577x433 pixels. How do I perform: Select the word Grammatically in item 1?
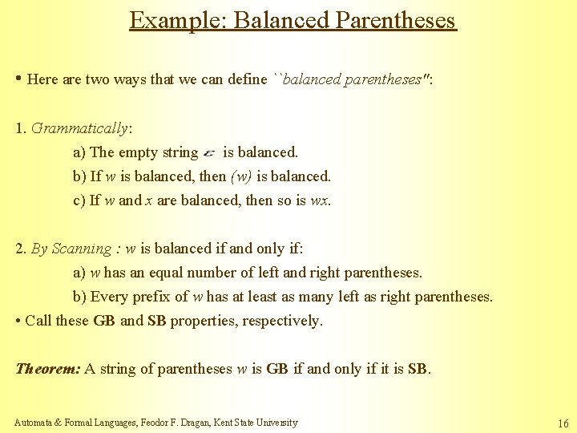point(79,127)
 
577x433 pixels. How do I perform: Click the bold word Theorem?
point(48,369)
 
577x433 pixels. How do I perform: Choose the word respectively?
point(280,321)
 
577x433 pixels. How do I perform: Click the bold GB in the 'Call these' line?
point(104,321)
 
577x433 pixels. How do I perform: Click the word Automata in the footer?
point(34,423)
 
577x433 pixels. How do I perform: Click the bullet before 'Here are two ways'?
point(18,79)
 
